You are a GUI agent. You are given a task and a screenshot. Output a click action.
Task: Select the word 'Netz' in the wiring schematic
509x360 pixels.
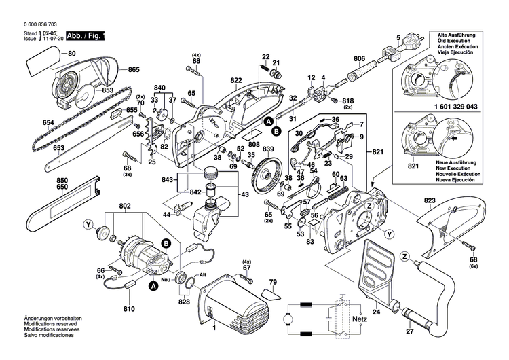coord(360,317)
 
